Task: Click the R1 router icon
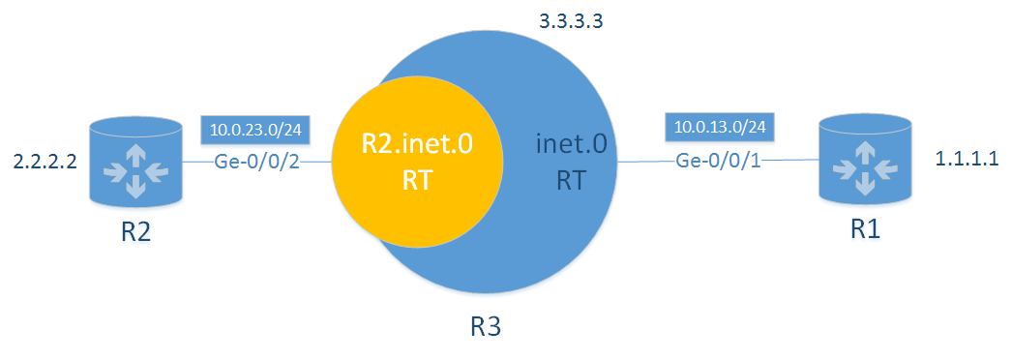pyautogui.click(x=866, y=164)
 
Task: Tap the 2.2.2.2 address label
pyautogui.click(x=40, y=163)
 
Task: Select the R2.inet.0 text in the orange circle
pyautogui.click(x=417, y=146)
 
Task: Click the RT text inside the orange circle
pyautogui.click(x=417, y=180)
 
